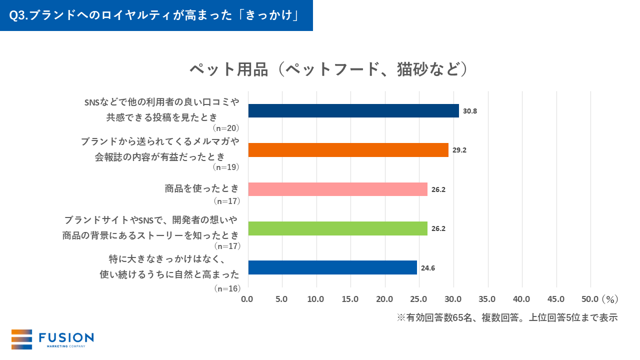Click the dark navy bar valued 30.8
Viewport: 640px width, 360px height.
(x=353, y=111)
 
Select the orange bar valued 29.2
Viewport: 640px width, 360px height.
(x=348, y=150)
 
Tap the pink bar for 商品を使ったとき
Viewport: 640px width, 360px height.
(x=337, y=189)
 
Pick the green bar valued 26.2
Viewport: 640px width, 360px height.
(x=337, y=228)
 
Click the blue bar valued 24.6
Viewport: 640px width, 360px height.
(x=332, y=267)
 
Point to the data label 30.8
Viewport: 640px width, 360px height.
(x=470, y=111)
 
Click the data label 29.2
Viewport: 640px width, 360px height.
(x=459, y=150)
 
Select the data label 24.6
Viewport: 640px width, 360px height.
(x=428, y=268)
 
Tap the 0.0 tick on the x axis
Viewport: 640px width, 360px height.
(x=247, y=299)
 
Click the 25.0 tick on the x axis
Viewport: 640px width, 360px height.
(x=418, y=299)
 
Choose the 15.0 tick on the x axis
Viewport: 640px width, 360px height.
(x=350, y=299)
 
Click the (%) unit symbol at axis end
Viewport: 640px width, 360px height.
(x=610, y=299)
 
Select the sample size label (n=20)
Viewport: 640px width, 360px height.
(x=226, y=128)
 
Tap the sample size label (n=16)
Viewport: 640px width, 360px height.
(x=226, y=288)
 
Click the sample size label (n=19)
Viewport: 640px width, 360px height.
(x=226, y=167)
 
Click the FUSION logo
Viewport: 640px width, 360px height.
(x=52, y=339)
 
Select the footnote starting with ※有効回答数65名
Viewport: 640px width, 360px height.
(x=507, y=317)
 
